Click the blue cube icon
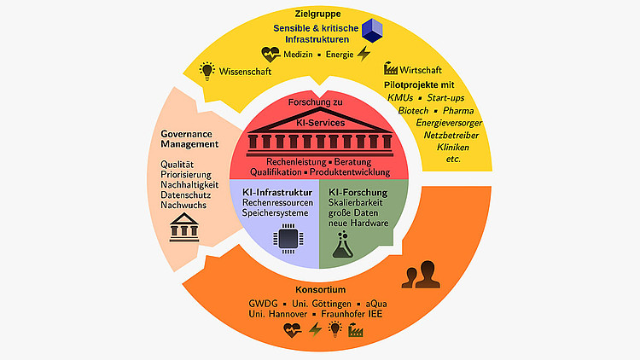click(374, 31)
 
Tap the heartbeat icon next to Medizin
click(271, 55)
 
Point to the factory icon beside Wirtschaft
click(391, 68)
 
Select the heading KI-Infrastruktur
click(275, 192)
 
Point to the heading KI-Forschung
click(358, 192)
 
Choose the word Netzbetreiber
click(447, 135)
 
